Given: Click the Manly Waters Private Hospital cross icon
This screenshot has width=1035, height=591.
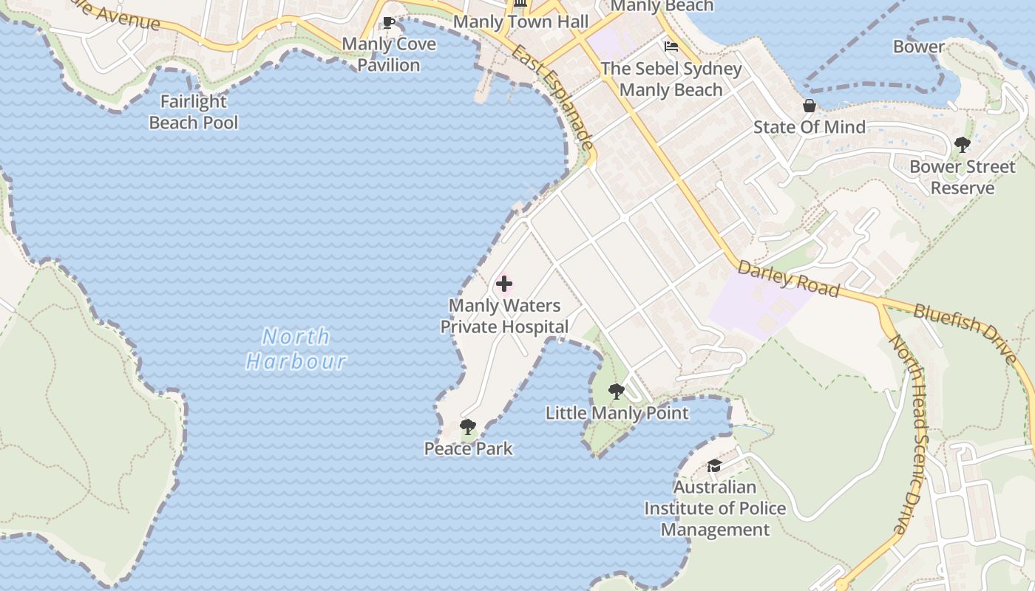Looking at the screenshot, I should click(x=504, y=284).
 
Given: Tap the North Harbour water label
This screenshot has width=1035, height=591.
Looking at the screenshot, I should click(x=296, y=349).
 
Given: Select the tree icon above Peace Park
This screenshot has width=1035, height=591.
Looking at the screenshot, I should click(x=467, y=426).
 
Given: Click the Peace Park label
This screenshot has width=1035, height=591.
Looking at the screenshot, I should click(x=468, y=448).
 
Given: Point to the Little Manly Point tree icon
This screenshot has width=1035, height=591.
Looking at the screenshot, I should click(x=616, y=392).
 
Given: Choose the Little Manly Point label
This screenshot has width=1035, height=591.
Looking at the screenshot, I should click(x=617, y=413).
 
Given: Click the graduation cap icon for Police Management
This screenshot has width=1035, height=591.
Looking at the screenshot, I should click(x=714, y=465).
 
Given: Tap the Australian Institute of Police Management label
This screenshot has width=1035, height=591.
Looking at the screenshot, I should click(x=715, y=508).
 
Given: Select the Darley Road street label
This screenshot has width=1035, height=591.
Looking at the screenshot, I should click(x=788, y=279).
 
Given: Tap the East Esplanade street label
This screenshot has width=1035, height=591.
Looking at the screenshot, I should click(x=552, y=97).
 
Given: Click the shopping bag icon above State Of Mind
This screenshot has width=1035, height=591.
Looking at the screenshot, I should click(x=810, y=106).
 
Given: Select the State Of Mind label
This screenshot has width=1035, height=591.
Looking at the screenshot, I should click(x=810, y=127).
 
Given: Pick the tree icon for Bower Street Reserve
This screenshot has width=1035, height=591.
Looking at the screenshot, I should click(x=962, y=145).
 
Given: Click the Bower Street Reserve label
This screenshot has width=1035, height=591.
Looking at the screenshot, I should click(x=963, y=177).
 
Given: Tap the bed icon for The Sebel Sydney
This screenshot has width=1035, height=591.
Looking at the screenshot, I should click(x=671, y=47).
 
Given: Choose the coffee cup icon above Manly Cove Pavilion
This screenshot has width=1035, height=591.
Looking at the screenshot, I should click(x=389, y=22).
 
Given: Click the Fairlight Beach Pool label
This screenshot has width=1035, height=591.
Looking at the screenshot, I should click(x=194, y=112).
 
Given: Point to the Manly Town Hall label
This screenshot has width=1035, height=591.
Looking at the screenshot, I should click(x=520, y=22).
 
